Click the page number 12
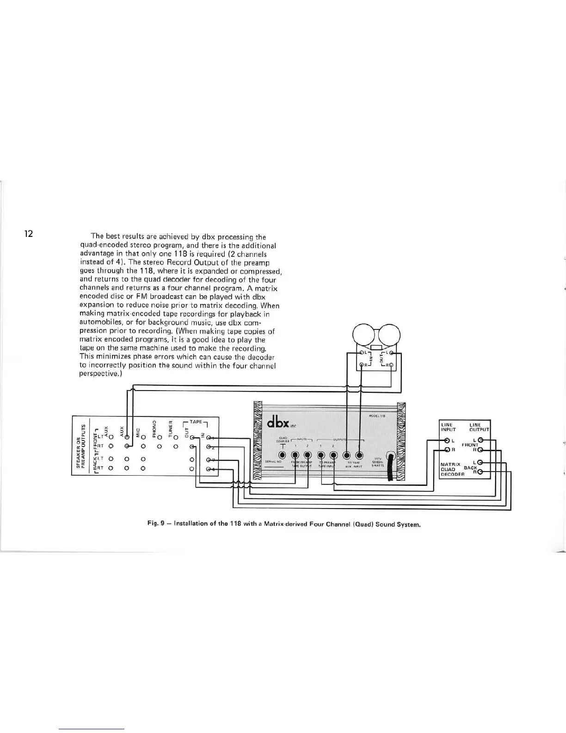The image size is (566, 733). click(29, 234)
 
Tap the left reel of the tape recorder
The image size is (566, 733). click(364, 333)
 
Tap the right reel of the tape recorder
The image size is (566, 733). click(389, 333)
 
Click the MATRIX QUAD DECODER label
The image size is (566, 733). click(451, 468)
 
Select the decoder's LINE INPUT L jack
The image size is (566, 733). click(447, 440)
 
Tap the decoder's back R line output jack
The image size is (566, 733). click(480, 472)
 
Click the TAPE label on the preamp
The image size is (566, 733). click(196, 422)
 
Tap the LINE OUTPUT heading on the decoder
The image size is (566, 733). click(479, 427)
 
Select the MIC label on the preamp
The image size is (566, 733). click(137, 431)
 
